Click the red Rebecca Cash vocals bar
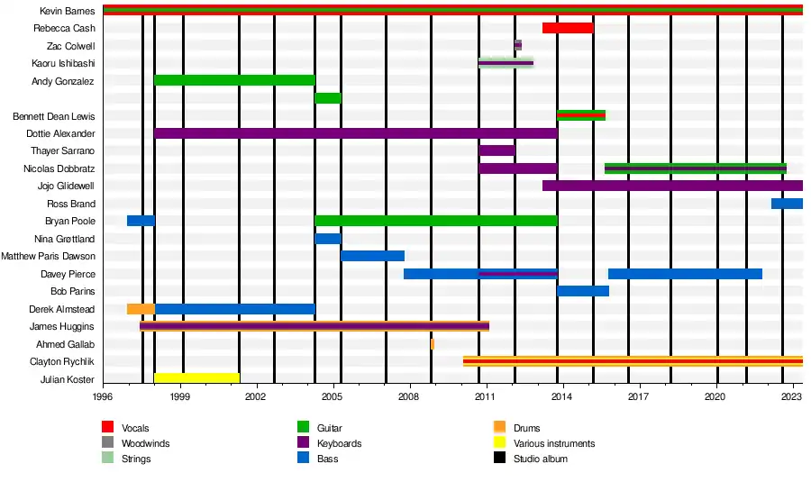pyautogui.click(x=568, y=28)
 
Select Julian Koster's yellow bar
pyautogui.click(x=196, y=378)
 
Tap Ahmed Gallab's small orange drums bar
pyautogui.click(x=433, y=344)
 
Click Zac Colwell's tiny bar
pyautogui.click(x=518, y=45)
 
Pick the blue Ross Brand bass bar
pyautogui.click(x=787, y=204)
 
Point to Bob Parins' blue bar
pyautogui.click(x=583, y=291)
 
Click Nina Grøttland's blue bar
pyautogui.click(x=328, y=239)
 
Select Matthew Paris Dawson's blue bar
pyautogui.click(x=372, y=256)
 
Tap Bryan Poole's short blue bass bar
pyautogui.click(x=141, y=221)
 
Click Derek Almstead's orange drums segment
pyautogui.click(x=141, y=309)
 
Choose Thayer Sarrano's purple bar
pyautogui.click(x=497, y=150)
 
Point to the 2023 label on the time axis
pyautogui.click(x=792, y=396)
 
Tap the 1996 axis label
pyautogui.click(x=104, y=396)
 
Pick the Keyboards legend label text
pyautogui.click(x=340, y=443)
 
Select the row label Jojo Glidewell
pyautogui.click(x=66, y=186)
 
